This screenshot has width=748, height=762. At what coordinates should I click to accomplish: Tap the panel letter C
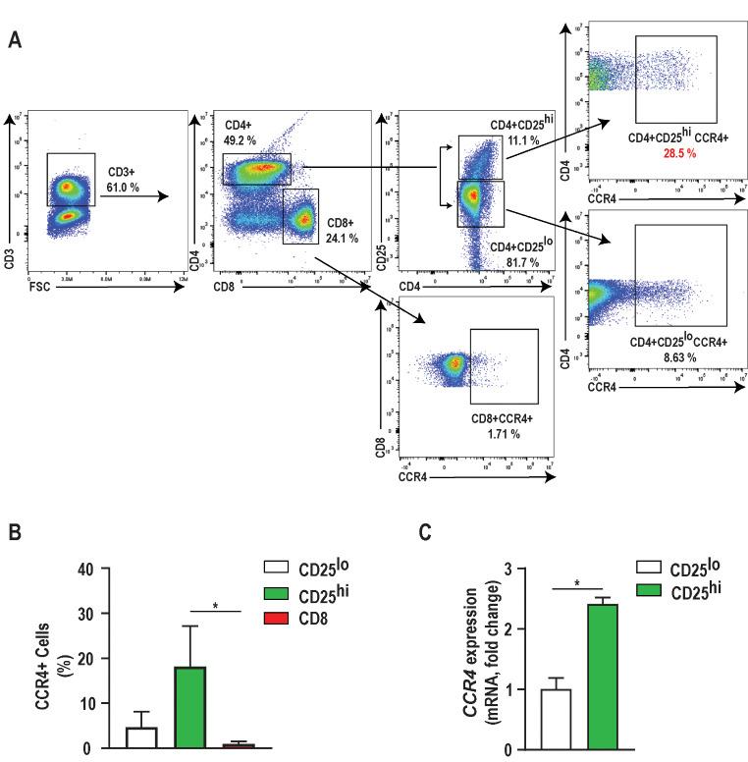424,533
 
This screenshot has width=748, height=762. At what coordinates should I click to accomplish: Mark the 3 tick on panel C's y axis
508,568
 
